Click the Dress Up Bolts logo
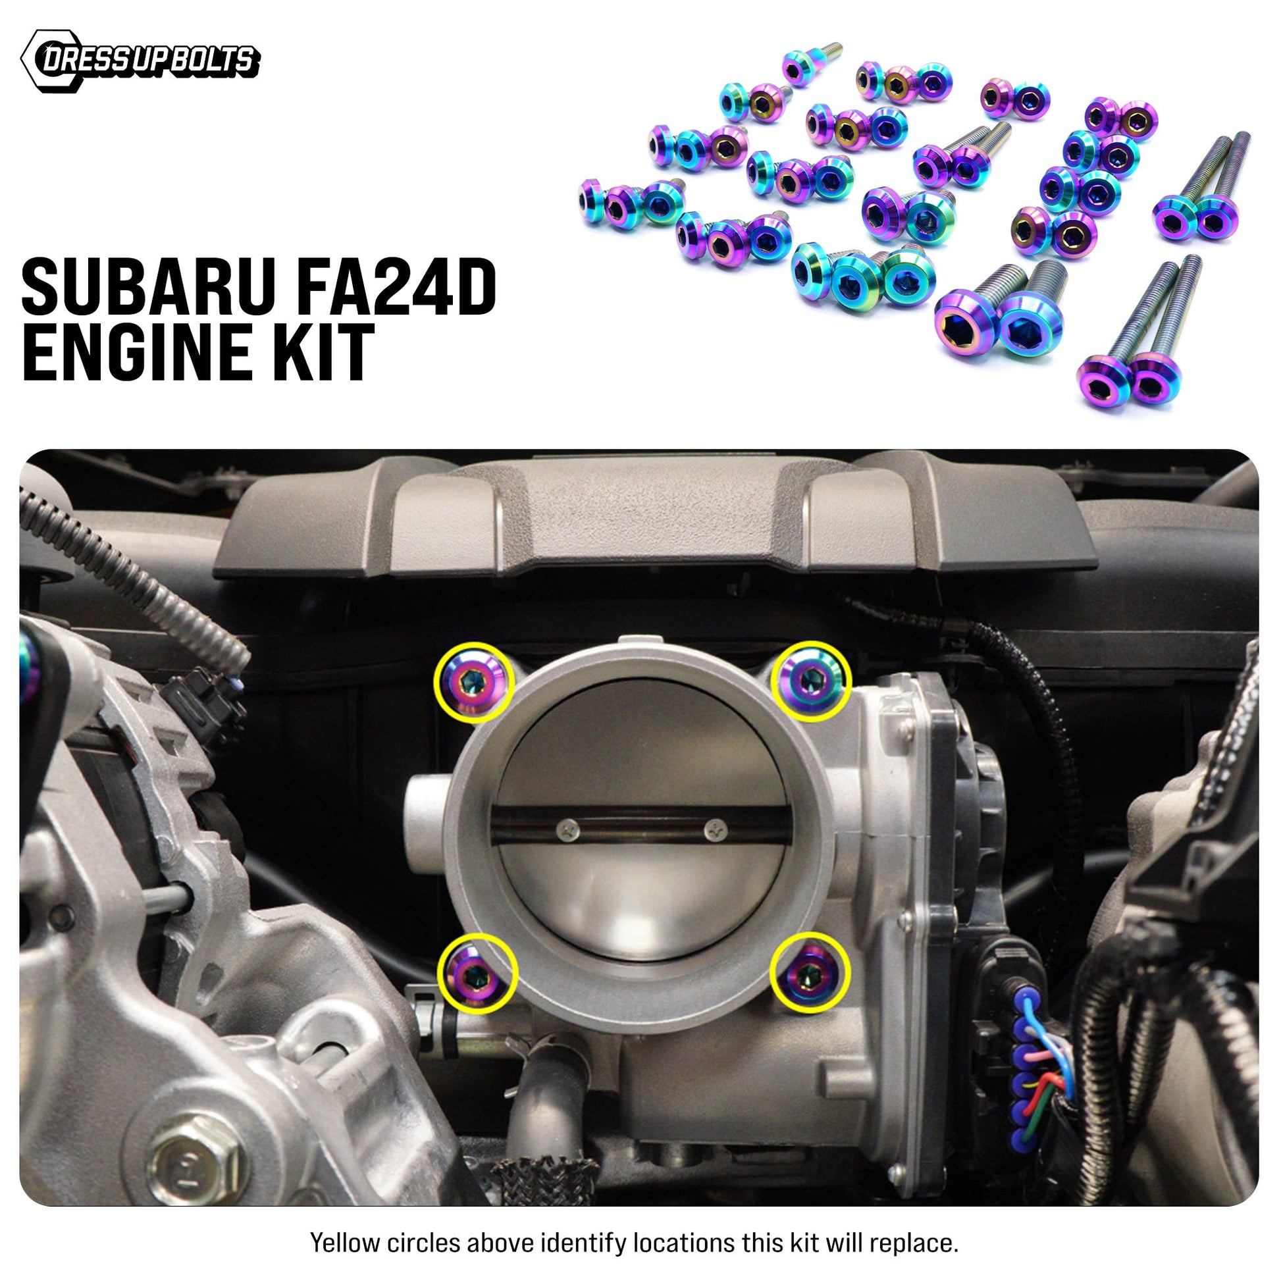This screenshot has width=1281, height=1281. pyautogui.click(x=140, y=61)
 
